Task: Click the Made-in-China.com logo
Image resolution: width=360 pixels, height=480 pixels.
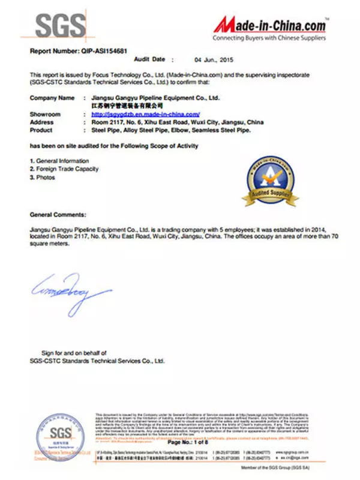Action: [x=270, y=25]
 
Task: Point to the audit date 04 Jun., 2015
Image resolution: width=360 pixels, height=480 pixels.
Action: [x=214, y=60]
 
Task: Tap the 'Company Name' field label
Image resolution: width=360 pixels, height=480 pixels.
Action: [x=52, y=97]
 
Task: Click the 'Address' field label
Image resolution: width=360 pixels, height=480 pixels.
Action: [x=41, y=122]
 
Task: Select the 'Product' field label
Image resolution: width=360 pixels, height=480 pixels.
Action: [x=41, y=130]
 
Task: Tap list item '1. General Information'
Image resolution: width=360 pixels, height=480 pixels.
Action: [x=59, y=161]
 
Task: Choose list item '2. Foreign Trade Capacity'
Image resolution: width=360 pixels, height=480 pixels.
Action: [x=64, y=169]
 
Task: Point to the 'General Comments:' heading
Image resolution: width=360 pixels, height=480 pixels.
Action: [x=58, y=214]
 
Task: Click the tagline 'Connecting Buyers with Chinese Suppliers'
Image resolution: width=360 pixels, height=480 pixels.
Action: [x=269, y=38]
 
